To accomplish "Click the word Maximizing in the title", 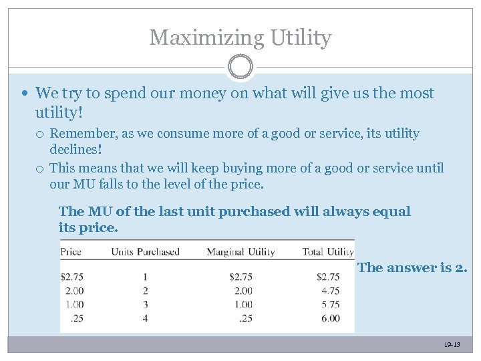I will coord(207,38).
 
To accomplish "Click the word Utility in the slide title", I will coord(301,38).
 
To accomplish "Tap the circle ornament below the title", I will coord(240,67).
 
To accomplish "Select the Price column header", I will coord(71,252).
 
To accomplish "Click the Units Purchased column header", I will coord(145,252).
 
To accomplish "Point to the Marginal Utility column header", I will coord(240,252).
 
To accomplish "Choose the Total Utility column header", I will coord(327,252).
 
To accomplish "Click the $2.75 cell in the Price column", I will coord(72,277).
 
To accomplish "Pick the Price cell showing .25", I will coord(77,318).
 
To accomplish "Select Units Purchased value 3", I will coord(145,304).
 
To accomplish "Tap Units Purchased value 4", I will coord(145,318).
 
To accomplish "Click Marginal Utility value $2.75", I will coord(240,277).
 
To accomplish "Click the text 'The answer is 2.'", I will coord(413,268).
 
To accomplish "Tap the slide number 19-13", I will coord(452,345).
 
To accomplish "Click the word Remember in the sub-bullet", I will coord(82,134).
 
